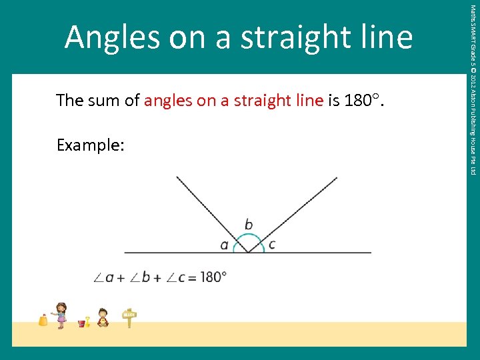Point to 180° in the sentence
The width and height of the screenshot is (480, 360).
(x=363, y=101)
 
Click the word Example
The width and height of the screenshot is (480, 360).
(x=89, y=145)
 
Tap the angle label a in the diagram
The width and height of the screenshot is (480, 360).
(x=224, y=245)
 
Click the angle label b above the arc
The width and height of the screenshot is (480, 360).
(x=248, y=224)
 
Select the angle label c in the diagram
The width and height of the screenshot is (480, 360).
(x=271, y=245)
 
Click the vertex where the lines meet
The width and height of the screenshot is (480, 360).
(x=248, y=253)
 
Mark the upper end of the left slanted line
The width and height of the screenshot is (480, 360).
(x=177, y=177)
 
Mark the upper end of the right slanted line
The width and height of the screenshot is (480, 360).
(x=337, y=177)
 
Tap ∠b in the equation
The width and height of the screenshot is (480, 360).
(x=142, y=277)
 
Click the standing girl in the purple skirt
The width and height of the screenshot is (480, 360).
(x=61, y=315)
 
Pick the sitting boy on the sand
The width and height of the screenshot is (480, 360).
(x=103, y=317)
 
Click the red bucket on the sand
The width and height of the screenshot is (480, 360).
(x=82, y=323)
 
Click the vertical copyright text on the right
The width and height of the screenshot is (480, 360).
(x=472, y=90)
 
